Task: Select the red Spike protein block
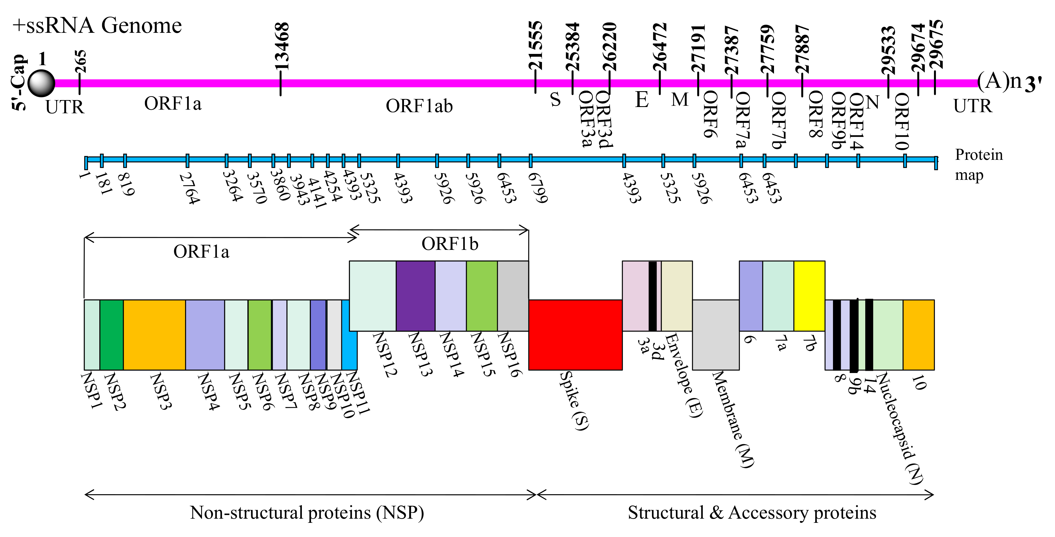pos(575,334)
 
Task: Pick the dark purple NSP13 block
pos(415,295)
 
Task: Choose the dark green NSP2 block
pos(111,334)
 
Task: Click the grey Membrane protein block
pos(716,334)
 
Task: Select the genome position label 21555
pos(535,46)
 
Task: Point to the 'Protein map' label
pos(978,165)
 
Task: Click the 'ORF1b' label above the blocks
pos(450,244)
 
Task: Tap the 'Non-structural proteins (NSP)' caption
pos(307,513)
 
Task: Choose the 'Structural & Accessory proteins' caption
pos(752,513)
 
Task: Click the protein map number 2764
pos(190,188)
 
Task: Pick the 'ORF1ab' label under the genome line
pos(419,106)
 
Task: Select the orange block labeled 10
pos(919,334)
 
